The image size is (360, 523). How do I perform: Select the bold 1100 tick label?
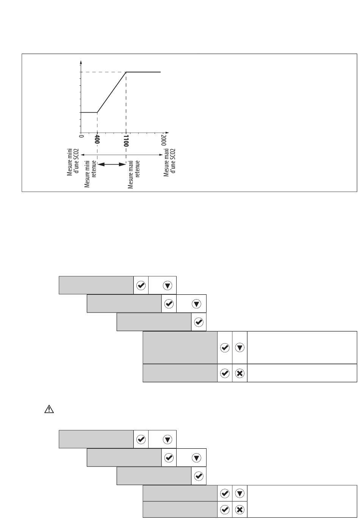click(x=126, y=141)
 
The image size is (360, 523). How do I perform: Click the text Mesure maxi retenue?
click(x=133, y=174)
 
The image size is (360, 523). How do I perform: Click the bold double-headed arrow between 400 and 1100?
click(x=112, y=164)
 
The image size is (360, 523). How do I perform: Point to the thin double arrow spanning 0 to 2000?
click(x=122, y=155)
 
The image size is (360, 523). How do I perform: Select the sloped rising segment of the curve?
click(x=111, y=92)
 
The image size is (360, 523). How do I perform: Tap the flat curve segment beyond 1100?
click(x=143, y=72)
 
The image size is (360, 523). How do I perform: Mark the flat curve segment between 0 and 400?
click(x=89, y=113)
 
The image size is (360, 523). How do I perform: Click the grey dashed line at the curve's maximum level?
click(x=103, y=72)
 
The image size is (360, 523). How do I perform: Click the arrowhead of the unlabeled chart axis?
click(x=81, y=62)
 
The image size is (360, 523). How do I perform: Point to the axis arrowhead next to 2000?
click(x=167, y=133)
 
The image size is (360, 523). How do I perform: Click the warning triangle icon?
click(x=49, y=409)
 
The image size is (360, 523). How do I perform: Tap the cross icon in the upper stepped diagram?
click(x=239, y=373)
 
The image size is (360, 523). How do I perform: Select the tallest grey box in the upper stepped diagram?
click(x=180, y=347)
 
